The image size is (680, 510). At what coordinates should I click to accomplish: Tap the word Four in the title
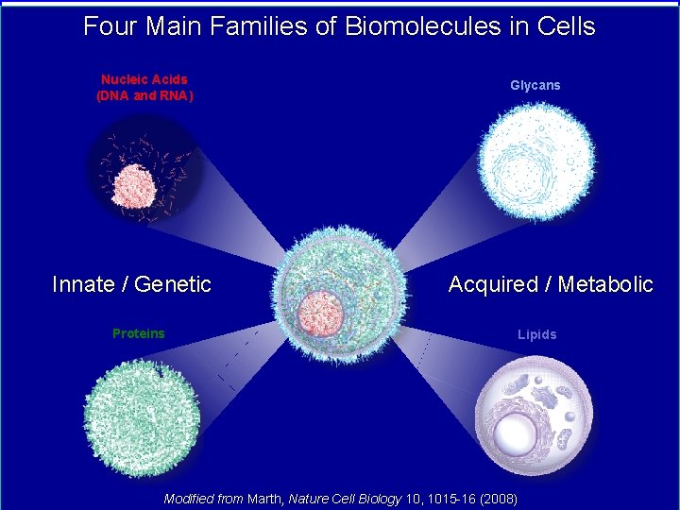104,25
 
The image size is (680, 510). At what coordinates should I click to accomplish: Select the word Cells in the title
566,25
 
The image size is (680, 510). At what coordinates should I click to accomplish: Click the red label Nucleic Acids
144,80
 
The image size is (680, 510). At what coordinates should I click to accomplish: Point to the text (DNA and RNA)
144,95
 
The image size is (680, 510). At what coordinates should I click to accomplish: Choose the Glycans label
535,85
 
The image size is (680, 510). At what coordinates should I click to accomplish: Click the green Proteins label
138,333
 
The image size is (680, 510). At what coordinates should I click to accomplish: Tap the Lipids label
536,334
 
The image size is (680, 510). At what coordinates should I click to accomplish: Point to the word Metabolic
604,284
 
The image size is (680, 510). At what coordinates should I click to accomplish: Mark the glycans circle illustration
535,161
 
